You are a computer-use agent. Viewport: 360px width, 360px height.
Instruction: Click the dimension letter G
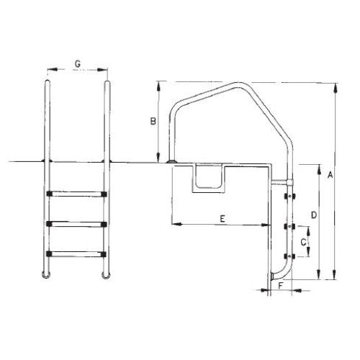(x=78, y=64)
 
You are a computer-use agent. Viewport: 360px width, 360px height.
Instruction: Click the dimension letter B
(x=153, y=121)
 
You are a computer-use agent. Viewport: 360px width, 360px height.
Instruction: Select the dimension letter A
(x=330, y=175)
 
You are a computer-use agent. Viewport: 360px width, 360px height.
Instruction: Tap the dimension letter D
(x=314, y=215)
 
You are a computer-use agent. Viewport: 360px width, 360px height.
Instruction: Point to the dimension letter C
(x=303, y=242)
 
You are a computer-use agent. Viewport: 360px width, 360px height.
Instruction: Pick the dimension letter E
(x=222, y=219)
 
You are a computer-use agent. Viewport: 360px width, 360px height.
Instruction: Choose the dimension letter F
(x=281, y=286)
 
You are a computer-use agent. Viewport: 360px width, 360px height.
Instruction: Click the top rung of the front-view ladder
(x=76, y=194)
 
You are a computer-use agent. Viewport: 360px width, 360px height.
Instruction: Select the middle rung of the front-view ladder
(x=76, y=224)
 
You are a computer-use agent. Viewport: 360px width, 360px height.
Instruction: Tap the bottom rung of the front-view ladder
(x=76, y=254)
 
